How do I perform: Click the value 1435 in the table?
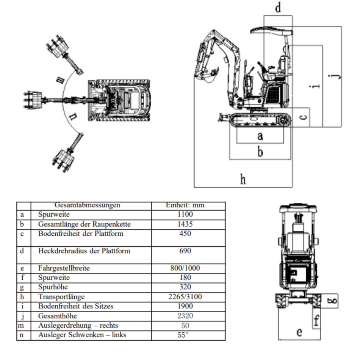click(185, 224)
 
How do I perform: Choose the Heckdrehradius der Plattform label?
click(84, 251)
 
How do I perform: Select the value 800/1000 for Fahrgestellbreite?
click(185, 268)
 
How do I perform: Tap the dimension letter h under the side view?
click(243, 179)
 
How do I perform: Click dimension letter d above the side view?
click(278, 8)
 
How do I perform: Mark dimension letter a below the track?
click(260, 135)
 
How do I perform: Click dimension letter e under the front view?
click(299, 332)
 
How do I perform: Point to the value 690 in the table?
click(185, 251)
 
